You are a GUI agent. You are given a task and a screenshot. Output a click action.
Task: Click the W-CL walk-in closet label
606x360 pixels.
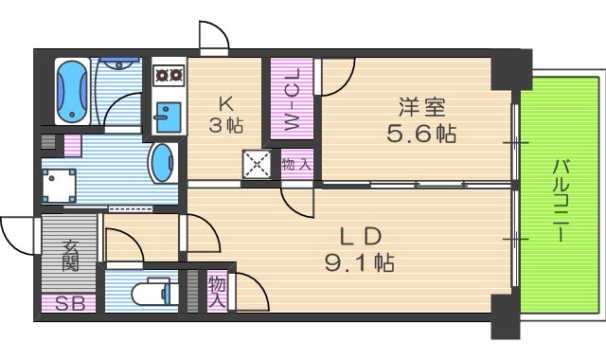(x=292, y=99)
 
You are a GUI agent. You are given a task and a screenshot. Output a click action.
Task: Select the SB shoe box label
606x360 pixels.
(x=68, y=305)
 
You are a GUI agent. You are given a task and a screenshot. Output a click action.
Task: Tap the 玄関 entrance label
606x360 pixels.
(x=70, y=257)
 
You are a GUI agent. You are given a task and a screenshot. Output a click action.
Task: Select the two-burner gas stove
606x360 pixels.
(x=169, y=72)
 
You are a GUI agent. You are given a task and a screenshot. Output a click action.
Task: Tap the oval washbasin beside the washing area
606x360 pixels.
(x=163, y=163)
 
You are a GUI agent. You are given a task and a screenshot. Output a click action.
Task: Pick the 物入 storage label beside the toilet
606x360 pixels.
(x=218, y=291)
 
